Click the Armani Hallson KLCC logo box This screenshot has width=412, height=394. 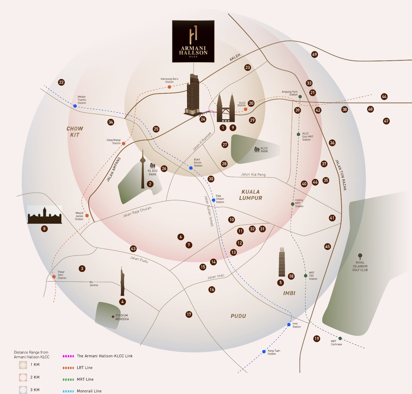(x=193, y=41)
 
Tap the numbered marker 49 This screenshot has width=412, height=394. (x=314, y=54)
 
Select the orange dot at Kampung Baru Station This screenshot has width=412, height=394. (x=169, y=87)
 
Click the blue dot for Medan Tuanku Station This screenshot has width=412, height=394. (x=75, y=106)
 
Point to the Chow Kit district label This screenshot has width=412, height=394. (x=75, y=132)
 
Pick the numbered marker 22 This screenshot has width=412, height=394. (x=61, y=82)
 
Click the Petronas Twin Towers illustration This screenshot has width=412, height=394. (x=226, y=108)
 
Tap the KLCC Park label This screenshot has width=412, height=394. (x=264, y=150)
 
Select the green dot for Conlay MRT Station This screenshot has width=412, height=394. (x=293, y=204)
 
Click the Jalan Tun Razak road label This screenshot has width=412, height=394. (x=341, y=175)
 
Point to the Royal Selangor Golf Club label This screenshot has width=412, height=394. (x=360, y=266)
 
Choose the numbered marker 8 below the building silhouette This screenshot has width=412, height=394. (x=44, y=229)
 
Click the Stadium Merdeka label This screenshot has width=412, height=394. (x=122, y=317)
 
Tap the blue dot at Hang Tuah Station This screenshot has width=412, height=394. (x=264, y=352)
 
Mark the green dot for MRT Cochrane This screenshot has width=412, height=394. (x=340, y=338)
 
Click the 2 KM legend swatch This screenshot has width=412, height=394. (x=23, y=377)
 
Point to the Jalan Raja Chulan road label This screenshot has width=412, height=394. (x=137, y=212)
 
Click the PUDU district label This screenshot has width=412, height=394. (x=238, y=316)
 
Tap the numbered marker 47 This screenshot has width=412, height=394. (x=386, y=121)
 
